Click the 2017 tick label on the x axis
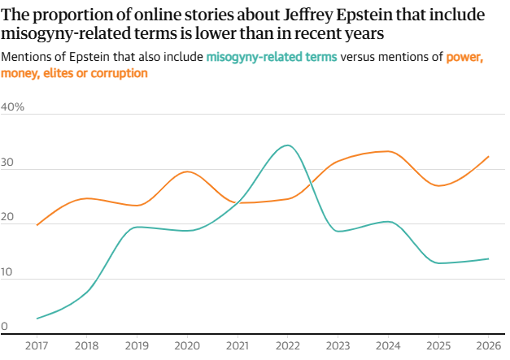pos(37,346)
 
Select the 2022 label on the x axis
pos(286,346)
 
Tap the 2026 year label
pos(486,346)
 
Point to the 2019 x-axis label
pos(137,346)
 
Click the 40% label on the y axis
pos(14,107)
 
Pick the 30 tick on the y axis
pos(8,163)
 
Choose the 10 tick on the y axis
pos(8,272)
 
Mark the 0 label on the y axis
pos(5,327)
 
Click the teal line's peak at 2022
pos(286,145)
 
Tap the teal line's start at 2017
pos(37,319)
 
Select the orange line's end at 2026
pos(488,156)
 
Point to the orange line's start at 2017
pos(37,225)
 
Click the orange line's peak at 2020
pos(187,171)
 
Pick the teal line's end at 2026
pos(488,258)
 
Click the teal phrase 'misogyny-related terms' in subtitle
pos(272,57)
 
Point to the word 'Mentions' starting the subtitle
pos(26,57)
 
